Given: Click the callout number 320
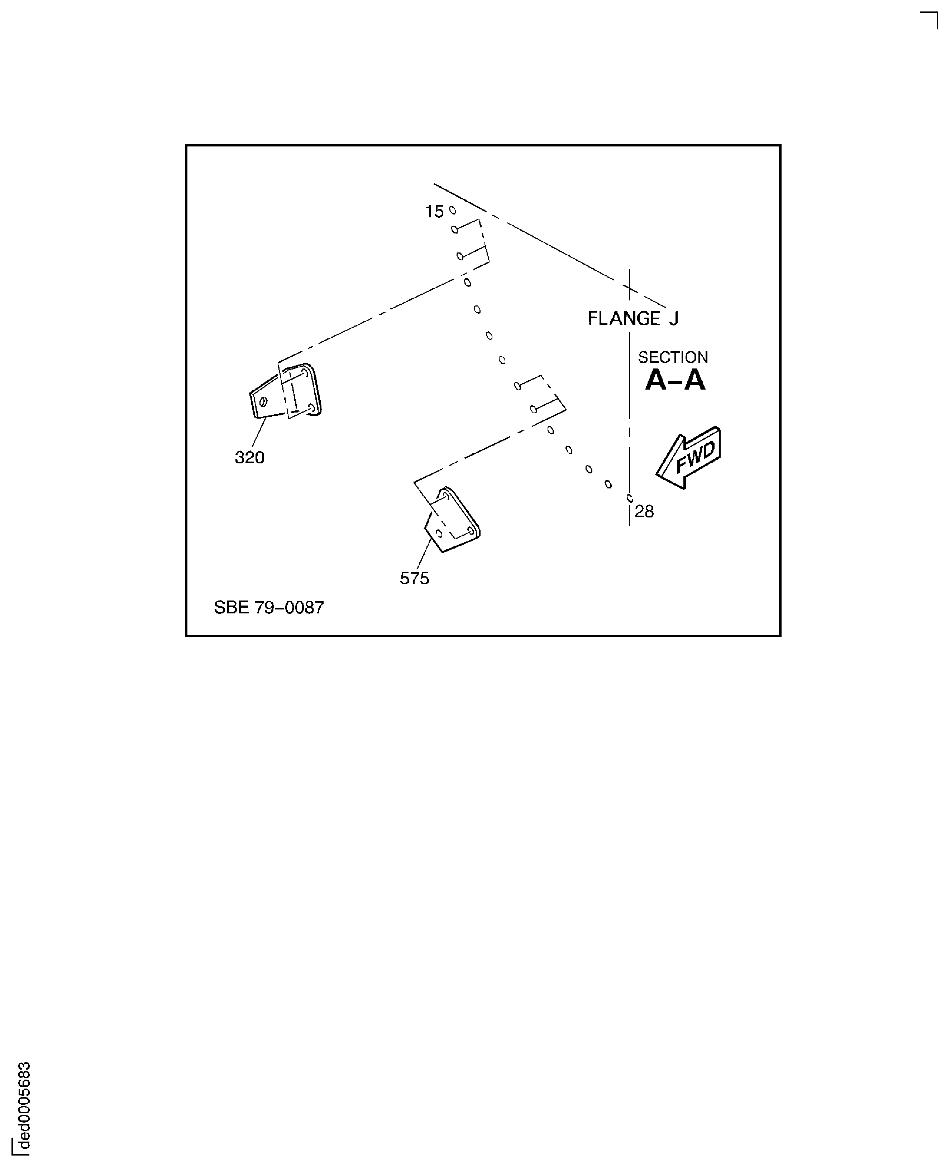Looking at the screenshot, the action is click(x=249, y=457).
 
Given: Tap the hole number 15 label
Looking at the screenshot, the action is click(x=434, y=212).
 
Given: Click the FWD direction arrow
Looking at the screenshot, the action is click(x=688, y=457).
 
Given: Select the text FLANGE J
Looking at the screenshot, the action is click(x=633, y=318).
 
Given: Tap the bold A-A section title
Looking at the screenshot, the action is click(x=675, y=380).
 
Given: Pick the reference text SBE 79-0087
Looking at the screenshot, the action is click(x=269, y=608).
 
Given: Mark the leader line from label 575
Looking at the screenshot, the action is click(x=424, y=555).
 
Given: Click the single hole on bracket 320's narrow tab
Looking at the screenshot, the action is click(x=263, y=402).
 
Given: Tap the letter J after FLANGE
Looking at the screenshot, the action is click(x=674, y=318).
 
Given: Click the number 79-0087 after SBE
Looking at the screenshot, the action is click(x=289, y=608).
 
